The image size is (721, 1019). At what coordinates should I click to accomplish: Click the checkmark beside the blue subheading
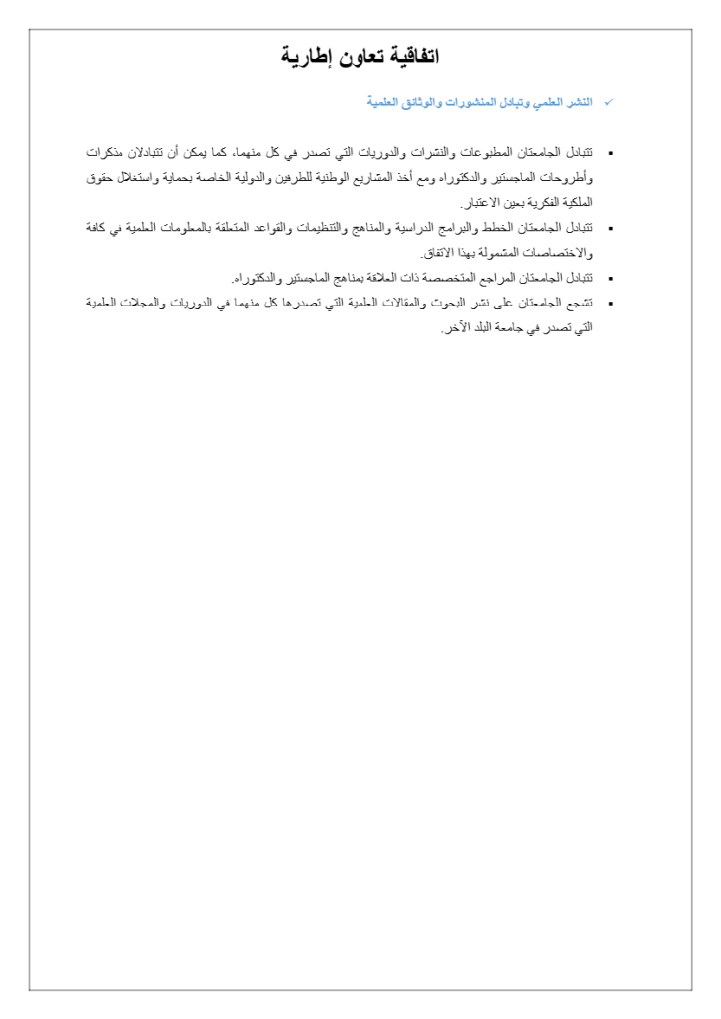(x=608, y=102)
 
